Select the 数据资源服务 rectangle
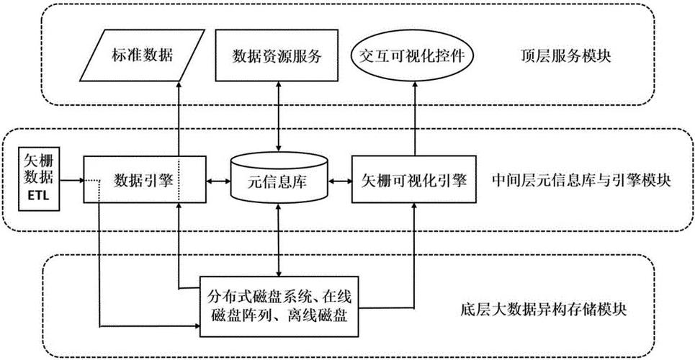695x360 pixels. click(277, 55)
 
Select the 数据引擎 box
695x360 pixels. click(143, 180)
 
